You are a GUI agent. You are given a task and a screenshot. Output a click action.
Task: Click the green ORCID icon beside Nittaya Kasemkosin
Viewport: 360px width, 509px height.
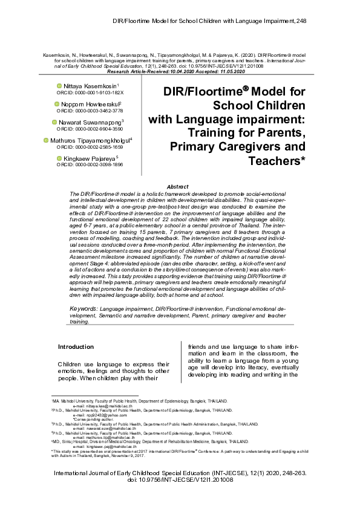click(x=58, y=86)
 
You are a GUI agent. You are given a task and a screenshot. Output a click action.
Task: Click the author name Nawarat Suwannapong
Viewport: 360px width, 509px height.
click(x=91, y=122)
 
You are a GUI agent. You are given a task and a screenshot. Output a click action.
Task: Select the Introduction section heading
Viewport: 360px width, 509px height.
click(x=76, y=346)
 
